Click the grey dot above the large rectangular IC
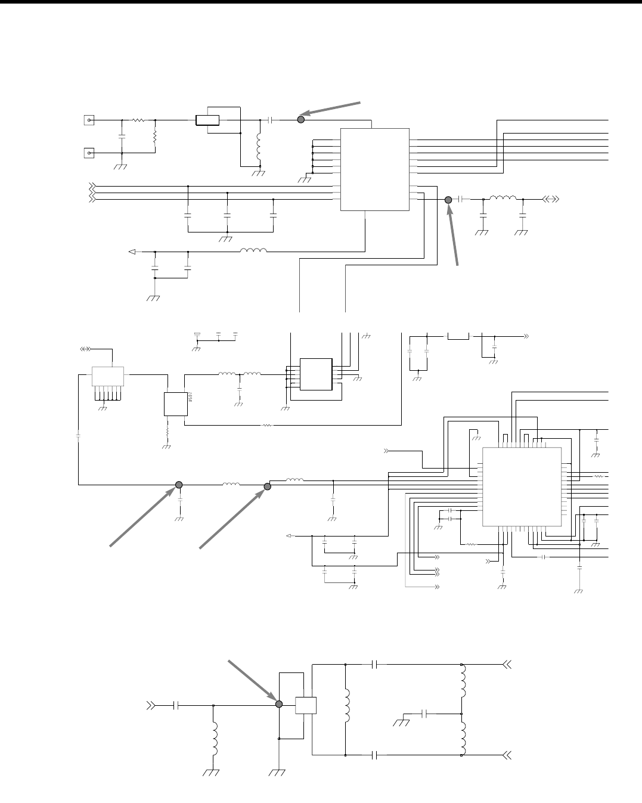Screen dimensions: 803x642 click(x=301, y=120)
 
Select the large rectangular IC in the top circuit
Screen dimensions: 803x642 click(x=374, y=169)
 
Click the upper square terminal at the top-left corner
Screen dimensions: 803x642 click(x=89, y=120)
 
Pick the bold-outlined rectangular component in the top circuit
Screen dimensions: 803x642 click(x=207, y=120)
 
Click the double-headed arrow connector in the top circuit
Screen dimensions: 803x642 click(x=550, y=199)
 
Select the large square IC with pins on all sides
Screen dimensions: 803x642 click(x=521, y=486)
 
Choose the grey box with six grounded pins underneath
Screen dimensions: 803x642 click(x=107, y=376)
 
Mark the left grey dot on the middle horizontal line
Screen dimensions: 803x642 click(x=178, y=485)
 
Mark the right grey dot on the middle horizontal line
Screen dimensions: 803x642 click(x=268, y=486)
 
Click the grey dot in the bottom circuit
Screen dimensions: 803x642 click(x=278, y=704)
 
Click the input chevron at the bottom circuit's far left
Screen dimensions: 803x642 click(x=153, y=705)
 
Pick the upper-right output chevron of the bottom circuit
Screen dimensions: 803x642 click(x=508, y=665)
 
